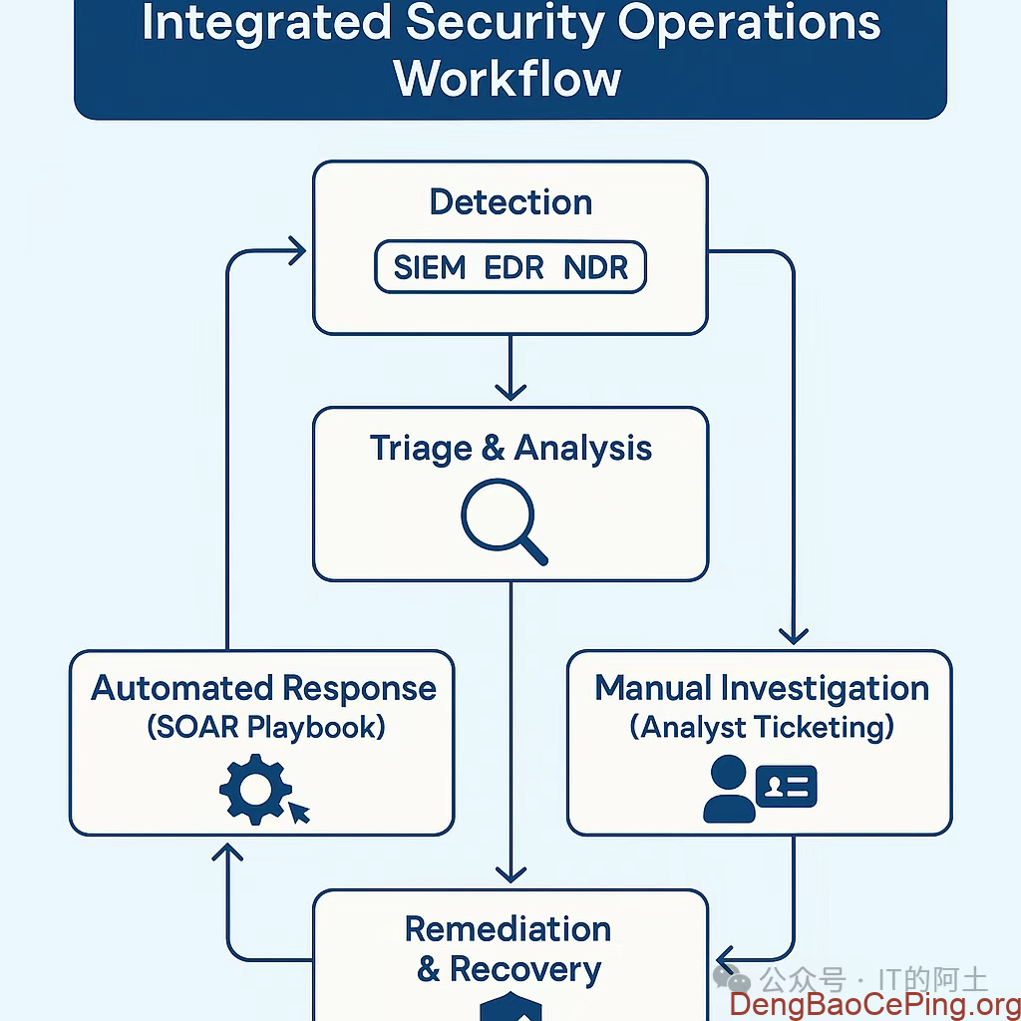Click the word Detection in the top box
click(x=510, y=202)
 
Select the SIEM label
click(x=430, y=268)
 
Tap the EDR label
click(x=514, y=268)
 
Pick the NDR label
click(x=596, y=268)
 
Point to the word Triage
click(x=420, y=448)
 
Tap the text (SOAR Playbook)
click(x=265, y=726)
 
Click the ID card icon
click(x=787, y=787)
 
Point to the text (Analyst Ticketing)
click(x=761, y=726)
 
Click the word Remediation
click(x=509, y=928)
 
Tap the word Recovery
click(x=525, y=969)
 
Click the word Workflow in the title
click(x=509, y=78)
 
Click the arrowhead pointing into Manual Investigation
click(x=794, y=634)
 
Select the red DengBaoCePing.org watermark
click(x=873, y=1004)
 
